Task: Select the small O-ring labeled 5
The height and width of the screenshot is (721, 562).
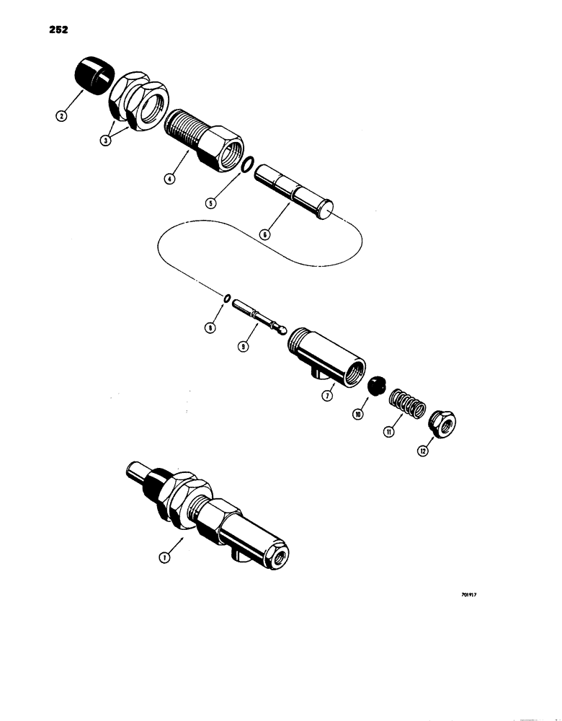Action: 246,165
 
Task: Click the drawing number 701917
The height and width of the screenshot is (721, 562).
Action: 468,596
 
